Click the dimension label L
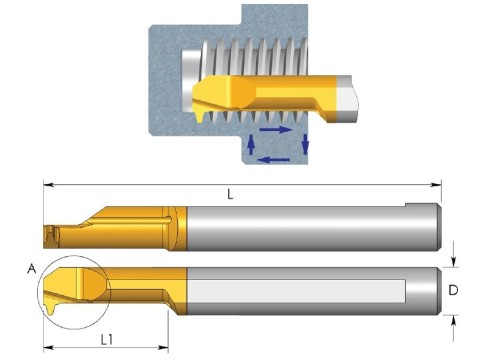tap(230, 194)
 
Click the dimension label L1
tap(107, 340)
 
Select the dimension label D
tap(453, 290)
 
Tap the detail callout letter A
tap(32, 268)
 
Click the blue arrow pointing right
tap(276, 129)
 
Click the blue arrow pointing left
tap(274, 160)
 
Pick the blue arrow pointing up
tap(252, 144)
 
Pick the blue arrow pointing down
tap(305, 144)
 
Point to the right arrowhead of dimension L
tap(436, 185)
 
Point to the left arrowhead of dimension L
tap(49, 184)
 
